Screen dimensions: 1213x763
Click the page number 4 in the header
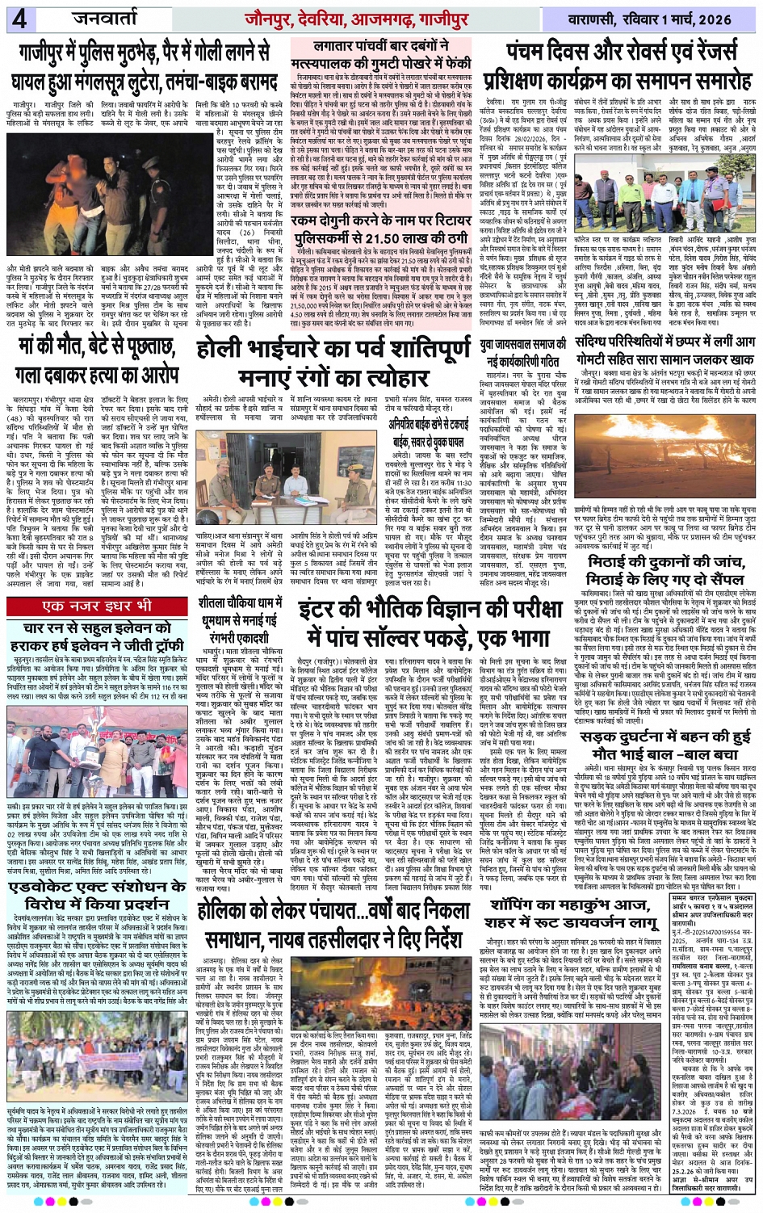19,18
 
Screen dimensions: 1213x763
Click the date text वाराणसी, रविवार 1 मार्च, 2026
653,18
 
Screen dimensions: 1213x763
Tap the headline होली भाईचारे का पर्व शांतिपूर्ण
333,349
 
